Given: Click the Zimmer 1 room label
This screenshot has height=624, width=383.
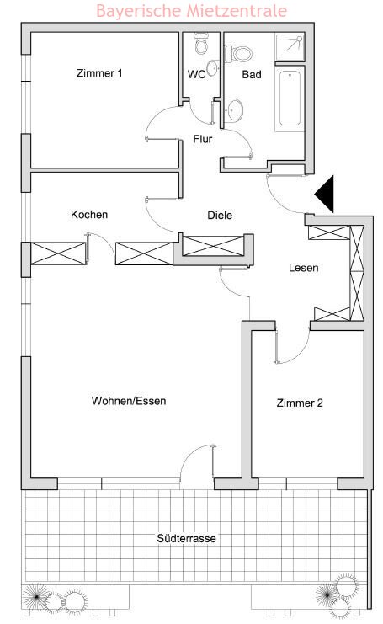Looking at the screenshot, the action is point(99,73).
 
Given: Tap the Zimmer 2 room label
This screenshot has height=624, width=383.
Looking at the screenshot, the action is point(300,403).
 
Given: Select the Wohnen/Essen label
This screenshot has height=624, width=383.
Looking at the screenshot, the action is point(129,401).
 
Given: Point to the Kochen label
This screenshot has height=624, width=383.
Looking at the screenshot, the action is point(89,215).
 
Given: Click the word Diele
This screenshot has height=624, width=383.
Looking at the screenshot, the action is point(220,216).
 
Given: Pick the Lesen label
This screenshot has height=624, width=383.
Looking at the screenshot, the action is point(304,268).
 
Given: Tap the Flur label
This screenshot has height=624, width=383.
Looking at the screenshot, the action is point(202,139).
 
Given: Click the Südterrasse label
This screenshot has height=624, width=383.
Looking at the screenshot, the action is point(186,538).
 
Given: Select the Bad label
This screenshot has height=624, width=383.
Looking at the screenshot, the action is point(252,74).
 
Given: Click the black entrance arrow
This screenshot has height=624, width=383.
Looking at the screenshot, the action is point(327,195).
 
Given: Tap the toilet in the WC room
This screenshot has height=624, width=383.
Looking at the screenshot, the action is point(201,44).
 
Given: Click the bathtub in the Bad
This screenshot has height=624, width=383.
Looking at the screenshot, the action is point(290,99).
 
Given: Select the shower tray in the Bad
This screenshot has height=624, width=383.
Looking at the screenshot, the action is point(290,47).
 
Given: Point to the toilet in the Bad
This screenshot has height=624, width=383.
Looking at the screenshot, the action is point(238,54).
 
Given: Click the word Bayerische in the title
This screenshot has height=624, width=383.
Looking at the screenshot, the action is point(138,11).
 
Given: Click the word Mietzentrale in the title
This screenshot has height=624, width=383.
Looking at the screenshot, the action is point(237,10).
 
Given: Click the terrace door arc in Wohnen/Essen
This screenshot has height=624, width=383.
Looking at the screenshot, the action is point(192,455).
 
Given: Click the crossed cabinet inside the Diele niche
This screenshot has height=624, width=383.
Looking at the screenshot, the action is point(212,246).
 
